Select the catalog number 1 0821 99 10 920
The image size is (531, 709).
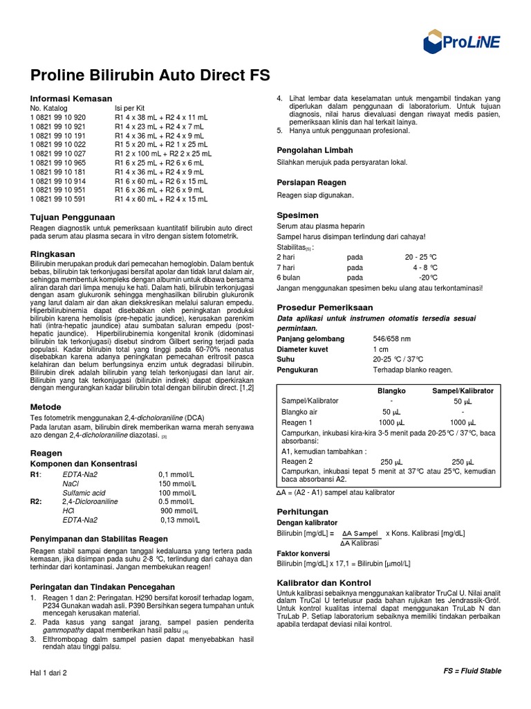(58, 118)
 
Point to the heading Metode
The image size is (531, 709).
(46, 406)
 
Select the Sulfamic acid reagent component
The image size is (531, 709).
(84, 492)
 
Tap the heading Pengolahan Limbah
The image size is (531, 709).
(315, 150)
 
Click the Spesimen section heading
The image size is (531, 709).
(297, 215)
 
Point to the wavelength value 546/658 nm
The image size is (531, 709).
(391, 339)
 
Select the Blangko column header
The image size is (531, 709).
(391, 391)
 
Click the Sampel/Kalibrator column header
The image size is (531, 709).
(463, 391)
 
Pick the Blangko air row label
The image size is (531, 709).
(300, 411)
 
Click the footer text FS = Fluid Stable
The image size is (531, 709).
(472, 671)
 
